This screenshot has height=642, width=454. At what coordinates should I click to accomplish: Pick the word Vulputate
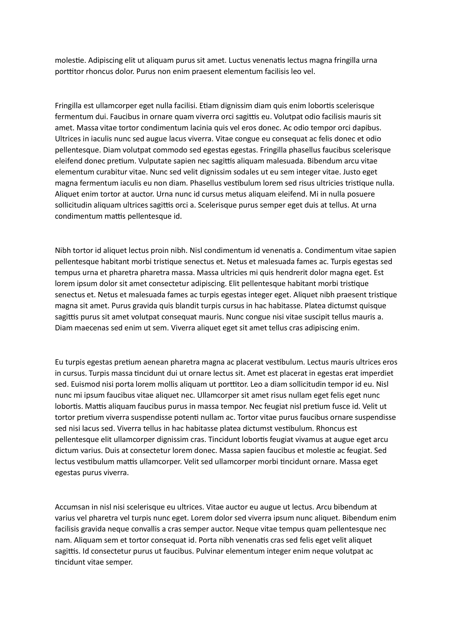pos(157,161)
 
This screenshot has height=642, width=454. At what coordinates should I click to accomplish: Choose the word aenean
pos(155,362)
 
